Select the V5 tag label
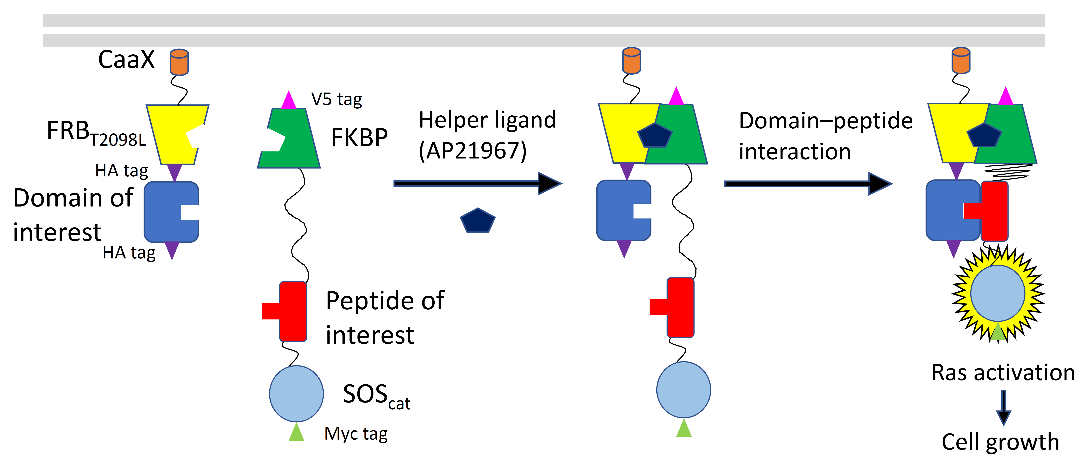pos(336,99)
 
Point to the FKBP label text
pos(359,138)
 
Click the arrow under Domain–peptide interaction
pos(808,184)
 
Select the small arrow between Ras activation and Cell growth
pos(1004,407)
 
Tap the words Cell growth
pos(1000,442)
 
